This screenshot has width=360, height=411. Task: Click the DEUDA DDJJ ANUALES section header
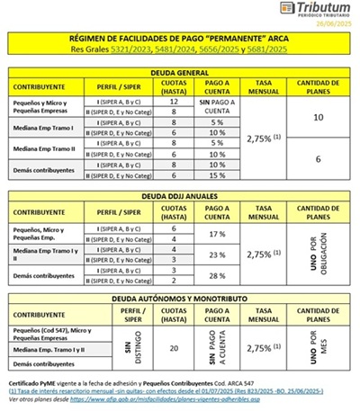tap(179, 195)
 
